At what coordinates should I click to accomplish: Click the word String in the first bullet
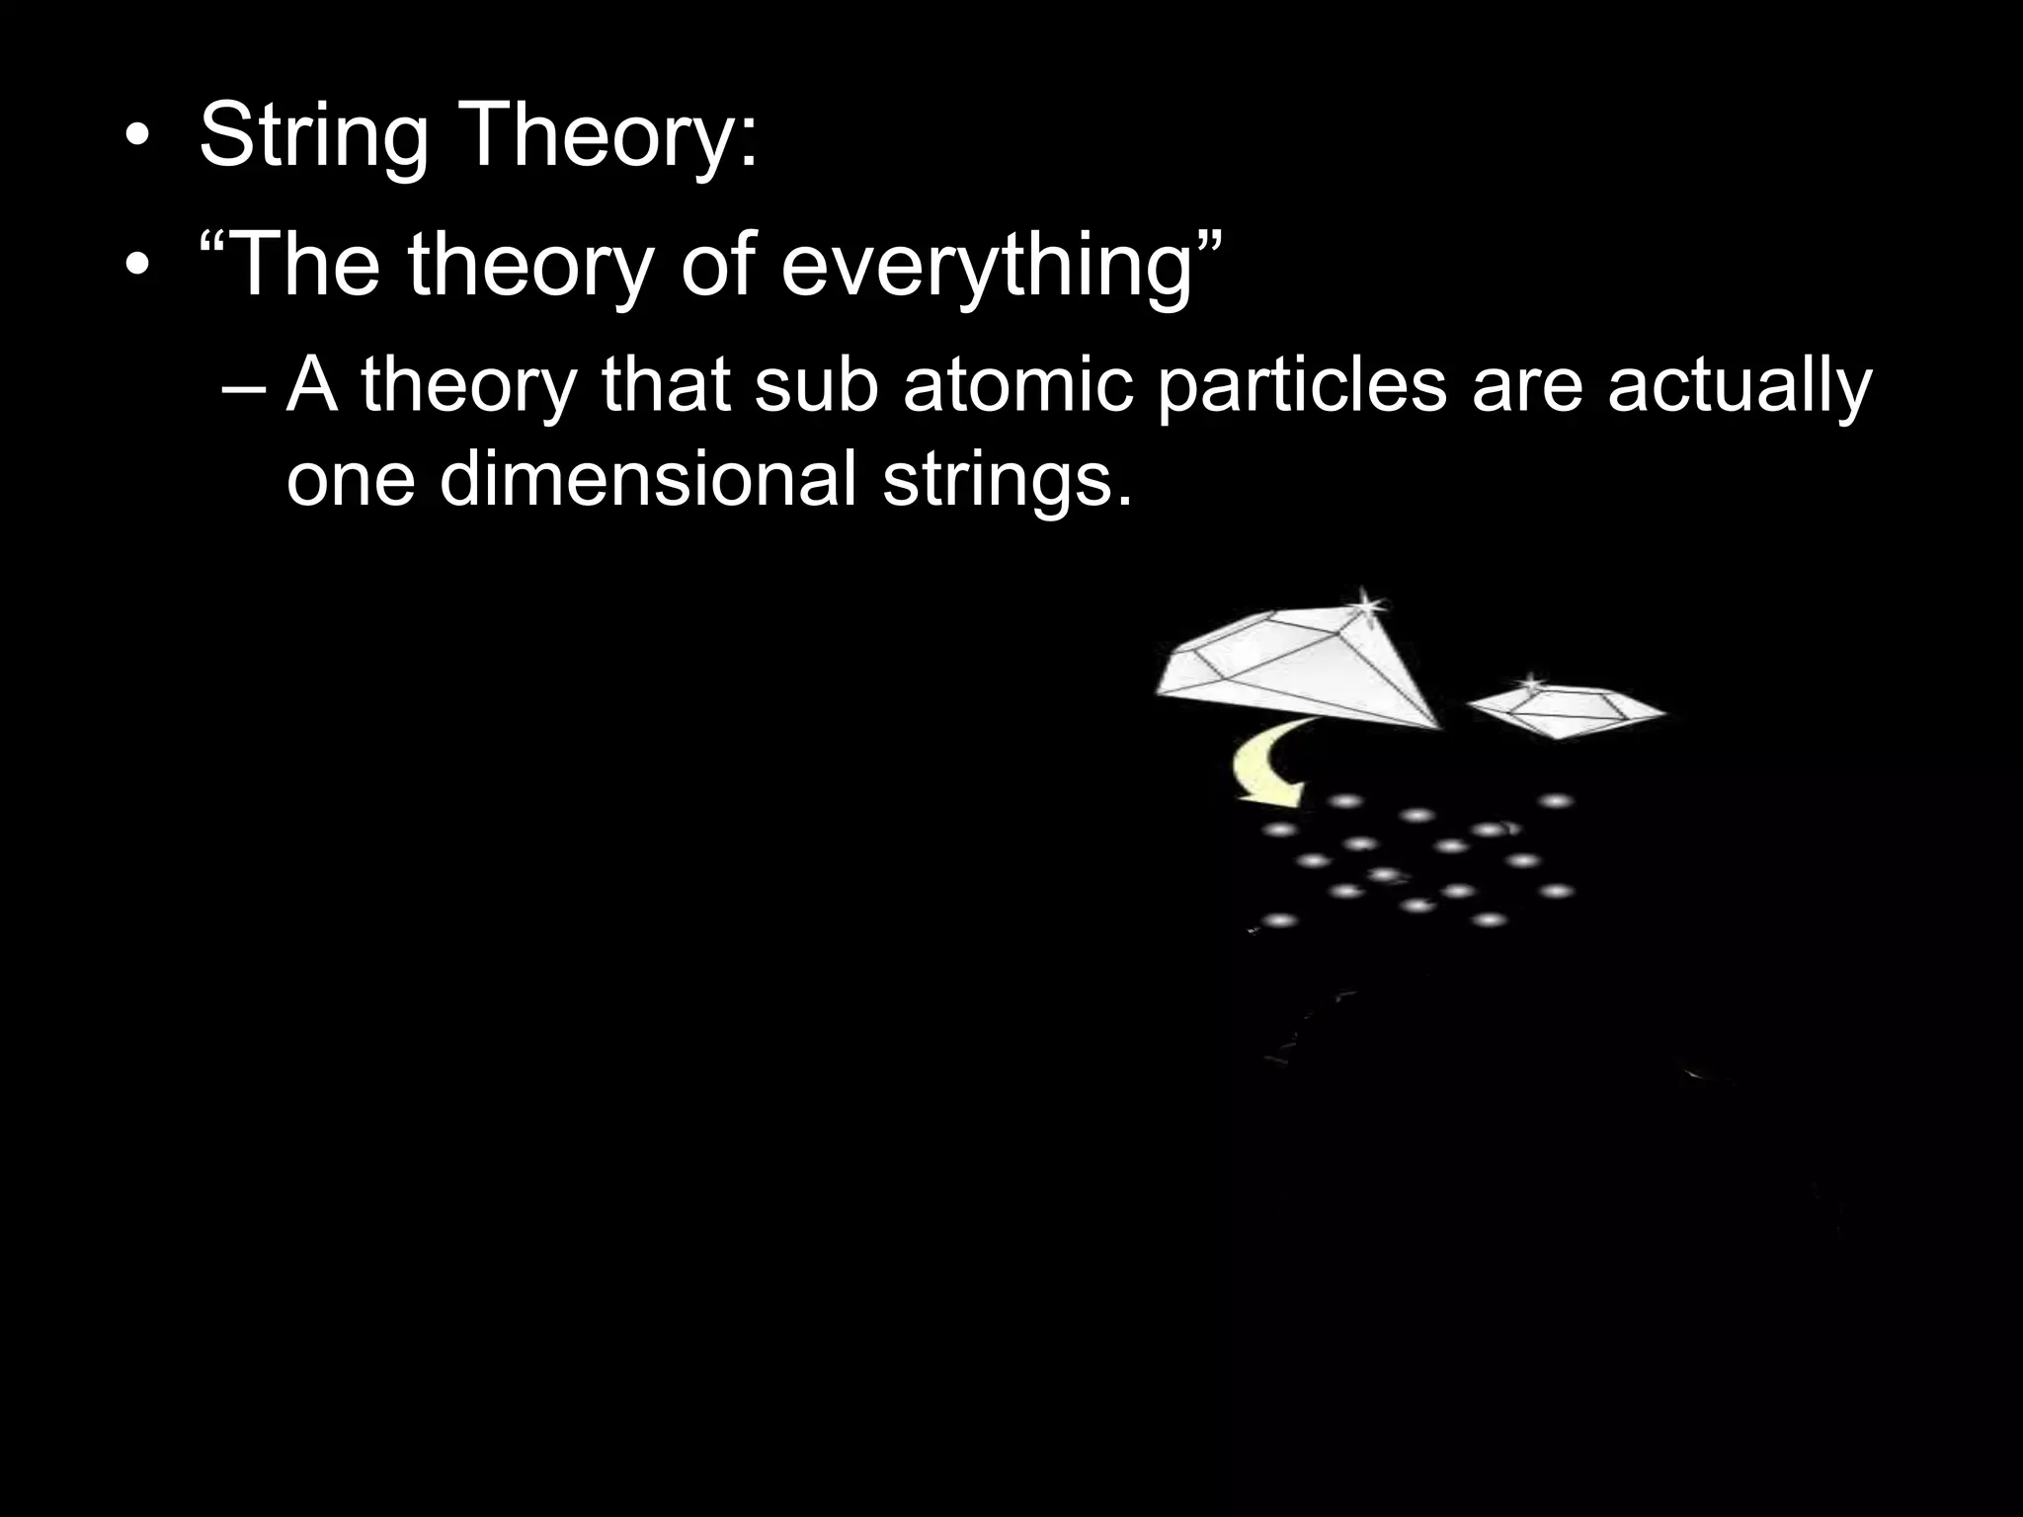pos(313,135)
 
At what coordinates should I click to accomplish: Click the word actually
pos(1739,387)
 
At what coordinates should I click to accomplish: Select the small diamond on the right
pos(1566,709)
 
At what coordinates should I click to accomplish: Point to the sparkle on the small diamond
pos(1530,682)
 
